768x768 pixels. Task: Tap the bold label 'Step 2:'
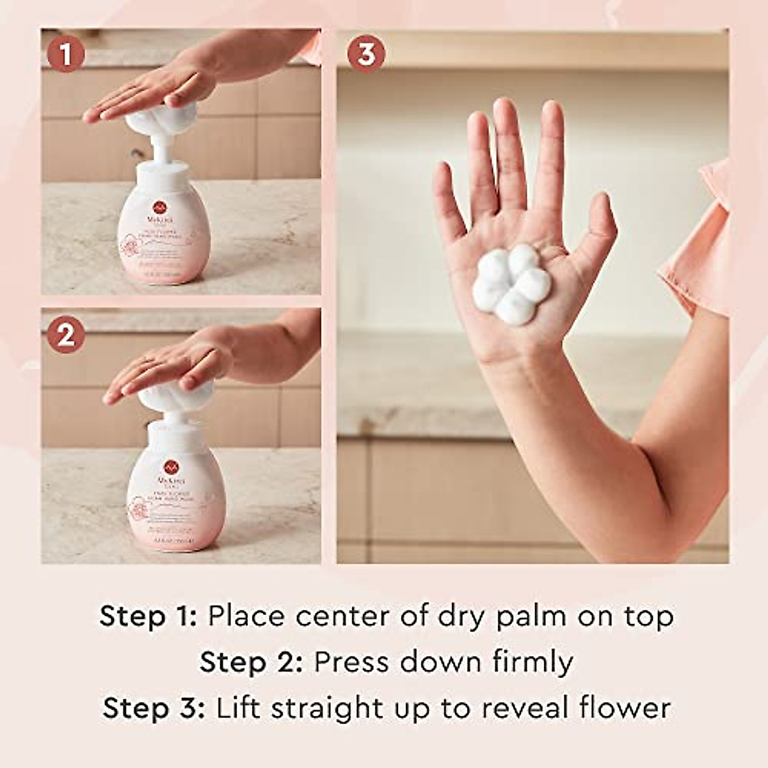click(x=250, y=663)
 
